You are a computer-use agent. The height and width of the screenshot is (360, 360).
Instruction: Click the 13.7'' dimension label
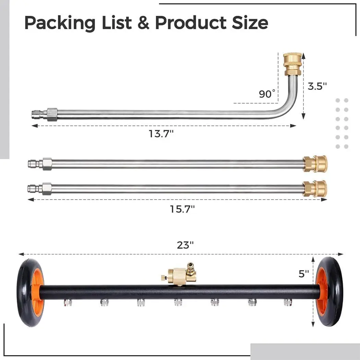click(161, 133)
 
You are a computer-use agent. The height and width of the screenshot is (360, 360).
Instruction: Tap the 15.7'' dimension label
click(182, 209)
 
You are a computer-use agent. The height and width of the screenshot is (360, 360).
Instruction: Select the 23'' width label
click(185, 245)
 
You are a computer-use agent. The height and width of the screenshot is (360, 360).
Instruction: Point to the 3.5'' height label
click(317, 86)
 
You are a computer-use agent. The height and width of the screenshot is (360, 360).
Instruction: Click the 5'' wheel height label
click(303, 274)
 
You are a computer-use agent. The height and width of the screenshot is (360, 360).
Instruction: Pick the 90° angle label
click(267, 94)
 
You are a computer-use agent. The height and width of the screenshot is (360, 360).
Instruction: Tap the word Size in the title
click(250, 23)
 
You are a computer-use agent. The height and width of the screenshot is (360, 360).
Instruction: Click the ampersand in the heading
click(143, 23)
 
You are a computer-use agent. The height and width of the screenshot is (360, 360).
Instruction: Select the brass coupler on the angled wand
click(292, 64)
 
